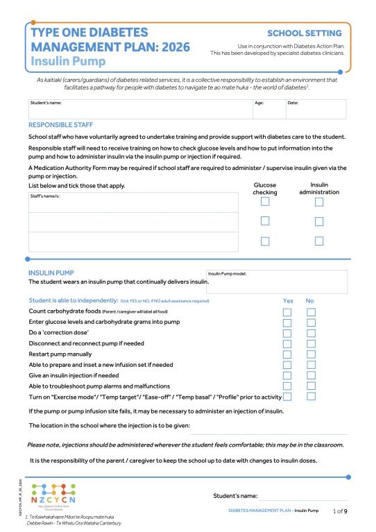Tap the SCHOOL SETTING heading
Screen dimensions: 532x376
(304, 33)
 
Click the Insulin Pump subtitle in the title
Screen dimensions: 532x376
(60, 60)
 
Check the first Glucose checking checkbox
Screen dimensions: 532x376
(265, 202)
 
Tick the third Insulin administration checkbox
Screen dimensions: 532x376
(319, 241)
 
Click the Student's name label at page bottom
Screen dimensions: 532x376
(235, 495)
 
